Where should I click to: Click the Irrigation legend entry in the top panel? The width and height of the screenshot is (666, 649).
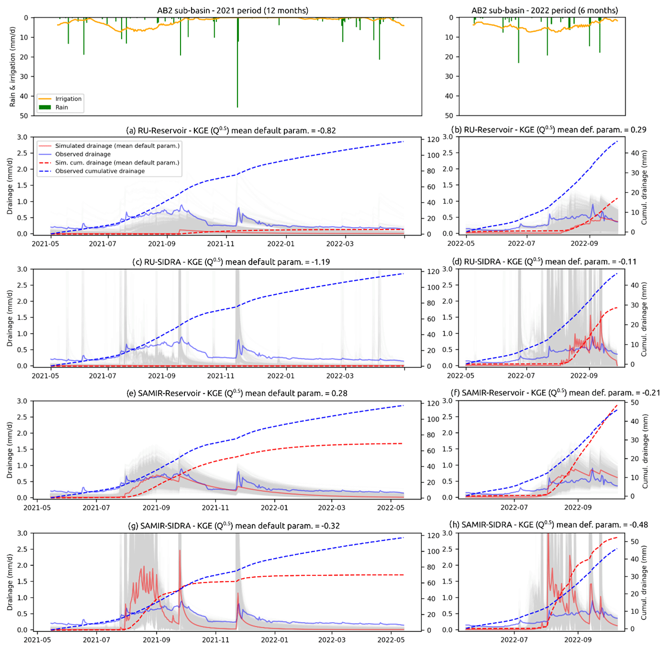coord(68,99)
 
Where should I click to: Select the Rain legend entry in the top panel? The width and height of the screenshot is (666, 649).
coord(62,107)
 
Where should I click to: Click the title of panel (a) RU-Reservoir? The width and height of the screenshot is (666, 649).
coord(231,130)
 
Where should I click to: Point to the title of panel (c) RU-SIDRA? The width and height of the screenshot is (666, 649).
coord(231,262)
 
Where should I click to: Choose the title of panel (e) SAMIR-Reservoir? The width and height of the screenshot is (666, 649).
coord(237,393)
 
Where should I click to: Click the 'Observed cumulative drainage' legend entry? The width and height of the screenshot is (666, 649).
coord(100,171)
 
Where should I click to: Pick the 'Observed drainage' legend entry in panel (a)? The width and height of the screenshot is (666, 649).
coord(83,154)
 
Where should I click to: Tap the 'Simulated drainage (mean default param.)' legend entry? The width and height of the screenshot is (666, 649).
coord(117,146)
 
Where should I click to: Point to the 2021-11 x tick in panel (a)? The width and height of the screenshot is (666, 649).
coord(221,243)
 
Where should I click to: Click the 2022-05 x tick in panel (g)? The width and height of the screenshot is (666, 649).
coord(391,639)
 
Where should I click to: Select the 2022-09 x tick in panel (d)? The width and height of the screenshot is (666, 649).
coord(585,376)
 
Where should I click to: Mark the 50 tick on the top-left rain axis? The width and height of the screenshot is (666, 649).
coord(24,115)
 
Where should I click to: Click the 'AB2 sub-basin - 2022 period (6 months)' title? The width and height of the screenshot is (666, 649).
coord(544,10)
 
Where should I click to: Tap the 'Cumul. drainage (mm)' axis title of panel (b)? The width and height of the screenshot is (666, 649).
coord(644,187)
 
